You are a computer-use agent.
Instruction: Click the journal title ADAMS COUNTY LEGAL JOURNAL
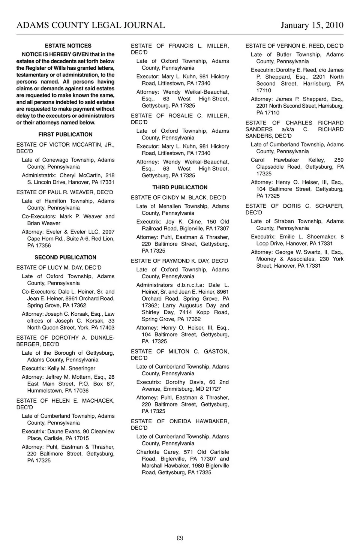pos(91,25)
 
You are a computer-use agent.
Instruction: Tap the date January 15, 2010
pos(312,25)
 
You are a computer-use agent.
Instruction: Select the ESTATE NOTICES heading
pos(68,46)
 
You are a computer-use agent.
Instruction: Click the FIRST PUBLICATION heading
pos(65,135)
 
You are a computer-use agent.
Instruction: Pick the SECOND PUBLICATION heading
pos(65,258)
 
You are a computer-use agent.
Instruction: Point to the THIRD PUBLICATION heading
pos(180,187)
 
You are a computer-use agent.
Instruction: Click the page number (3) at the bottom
pos(180,538)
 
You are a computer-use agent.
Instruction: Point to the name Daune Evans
pos(66,432)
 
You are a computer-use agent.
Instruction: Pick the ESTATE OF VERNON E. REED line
pos(294,46)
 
